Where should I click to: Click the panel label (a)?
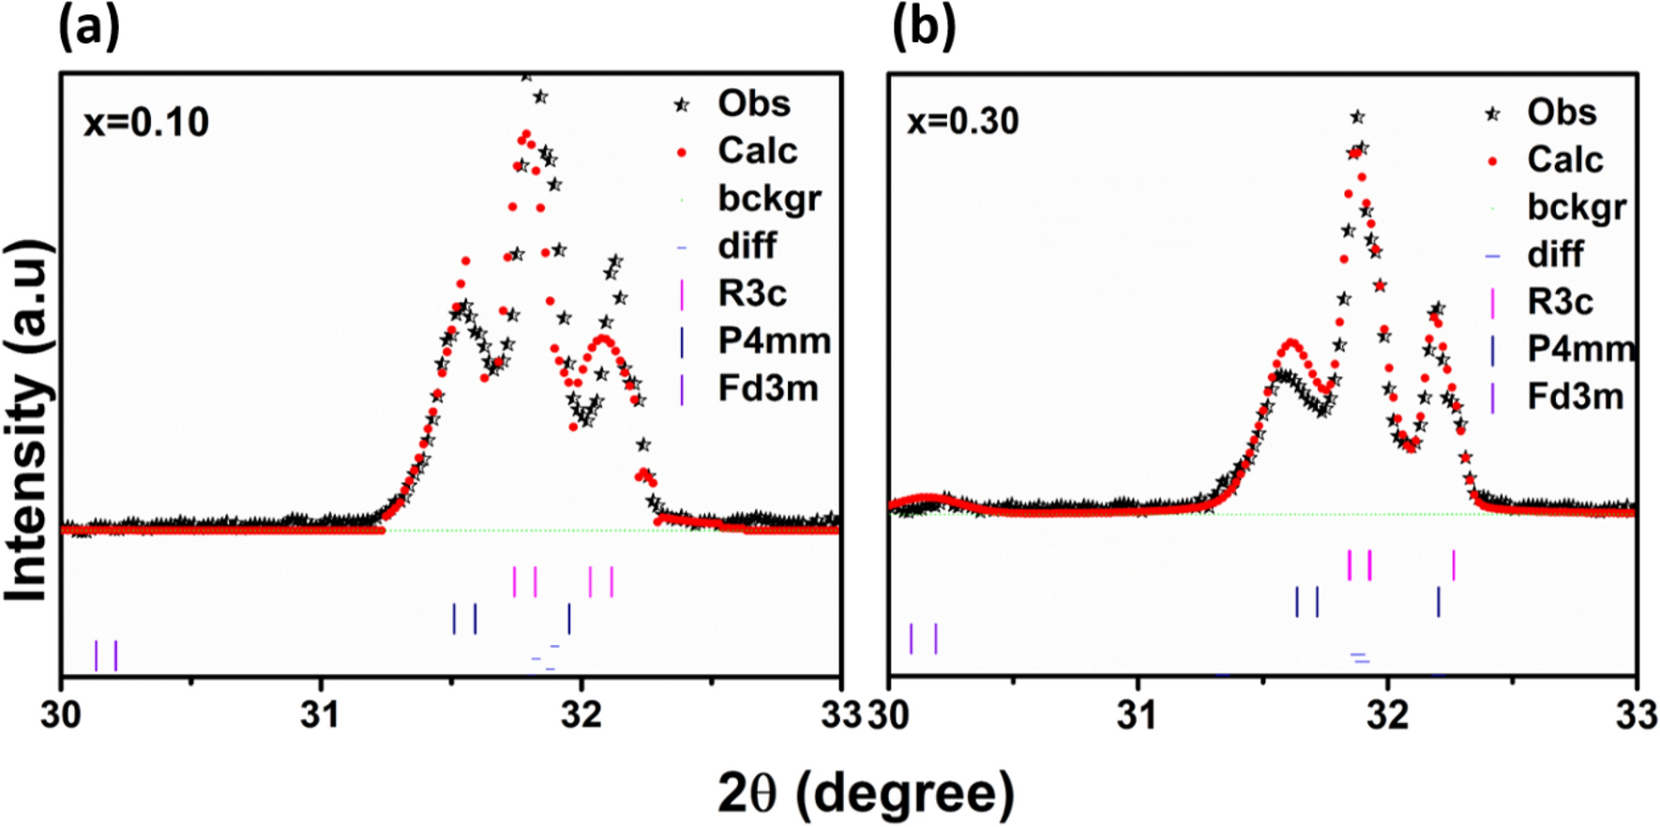(x=89, y=29)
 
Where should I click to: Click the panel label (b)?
(x=923, y=29)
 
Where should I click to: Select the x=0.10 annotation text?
(x=146, y=123)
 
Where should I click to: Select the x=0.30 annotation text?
(x=962, y=122)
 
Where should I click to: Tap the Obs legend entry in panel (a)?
(x=753, y=103)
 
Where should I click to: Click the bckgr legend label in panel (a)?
(x=769, y=199)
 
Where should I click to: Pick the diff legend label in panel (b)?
(x=1555, y=254)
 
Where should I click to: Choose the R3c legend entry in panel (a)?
(x=751, y=293)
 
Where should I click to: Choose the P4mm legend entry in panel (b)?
(x=1579, y=349)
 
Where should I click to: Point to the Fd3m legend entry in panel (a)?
(x=767, y=388)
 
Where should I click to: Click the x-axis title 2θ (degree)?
(x=866, y=794)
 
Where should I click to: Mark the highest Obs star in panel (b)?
(x=1357, y=117)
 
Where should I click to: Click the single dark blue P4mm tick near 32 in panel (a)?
(x=568, y=619)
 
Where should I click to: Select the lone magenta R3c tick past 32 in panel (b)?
(x=1454, y=565)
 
